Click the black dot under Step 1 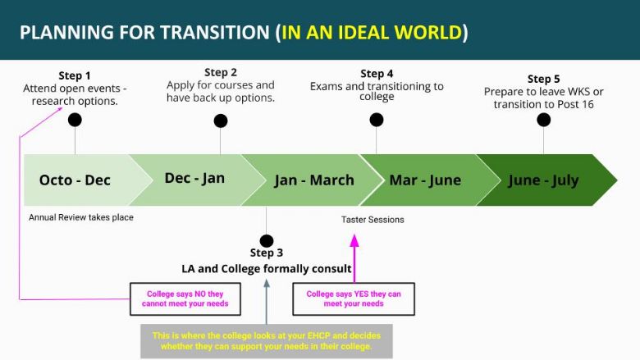click(75, 120)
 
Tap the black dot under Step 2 click(221, 121)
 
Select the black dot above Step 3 click(266, 241)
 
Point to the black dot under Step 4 click(377, 120)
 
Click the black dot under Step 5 click(544, 120)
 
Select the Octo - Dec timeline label click(75, 180)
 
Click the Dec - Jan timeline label click(194, 178)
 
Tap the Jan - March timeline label click(314, 180)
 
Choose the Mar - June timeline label click(425, 180)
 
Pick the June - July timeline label click(543, 180)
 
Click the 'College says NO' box click(185, 298)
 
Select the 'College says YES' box click(354, 298)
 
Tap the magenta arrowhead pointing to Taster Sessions click(354, 240)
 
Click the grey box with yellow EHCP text click(267, 341)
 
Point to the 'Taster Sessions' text click(373, 220)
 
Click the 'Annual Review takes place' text click(80, 217)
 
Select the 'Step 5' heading click(544, 79)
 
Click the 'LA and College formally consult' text click(267, 269)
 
